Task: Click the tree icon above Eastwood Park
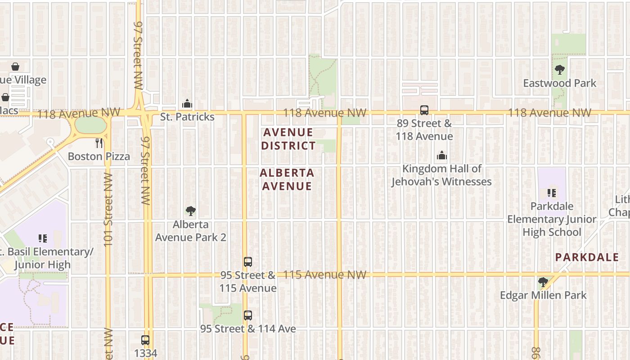(x=560, y=70)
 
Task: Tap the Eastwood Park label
(x=559, y=83)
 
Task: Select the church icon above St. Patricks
(x=187, y=104)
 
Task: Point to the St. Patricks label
(x=187, y=117)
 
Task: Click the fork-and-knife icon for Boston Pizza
(x=99, y=143)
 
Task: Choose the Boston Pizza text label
(x=99, y=157)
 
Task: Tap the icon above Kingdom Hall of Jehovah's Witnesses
(x=442, y=156)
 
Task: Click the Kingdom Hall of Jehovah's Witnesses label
(x=441, y=175)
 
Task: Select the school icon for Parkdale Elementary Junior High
(x=552, y=193)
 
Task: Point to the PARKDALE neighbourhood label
(x=587, y=257)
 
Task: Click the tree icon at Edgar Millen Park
(x=543, y=282)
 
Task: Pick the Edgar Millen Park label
(x=543, y=295)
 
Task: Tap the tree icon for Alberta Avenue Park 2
(x=191, y=211)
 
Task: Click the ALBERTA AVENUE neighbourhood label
(x=287, y=179)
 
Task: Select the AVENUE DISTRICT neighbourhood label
(x=288, y=139)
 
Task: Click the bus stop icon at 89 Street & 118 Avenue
(x=424, y=110)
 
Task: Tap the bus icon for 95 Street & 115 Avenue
(x=247, y=261)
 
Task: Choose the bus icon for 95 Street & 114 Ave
(x=247, y=315)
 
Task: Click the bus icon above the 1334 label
(x=145, y=340)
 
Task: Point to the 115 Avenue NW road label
(x=325, y=274)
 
